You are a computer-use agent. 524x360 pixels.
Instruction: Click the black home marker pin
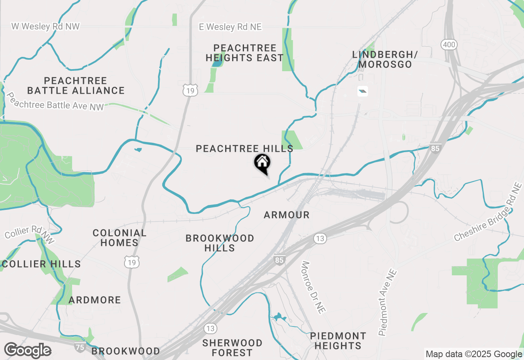tap(262, 163)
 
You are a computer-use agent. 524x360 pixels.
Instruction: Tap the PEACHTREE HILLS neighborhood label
tap(244, 148)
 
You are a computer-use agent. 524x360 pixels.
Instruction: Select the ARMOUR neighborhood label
tap(287, 215)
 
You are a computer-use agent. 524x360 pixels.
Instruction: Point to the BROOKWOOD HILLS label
tap(220, 243)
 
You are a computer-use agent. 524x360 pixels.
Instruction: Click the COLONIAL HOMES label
tap(119, 238)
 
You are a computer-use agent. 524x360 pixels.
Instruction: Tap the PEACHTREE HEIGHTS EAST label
tap(245, 53)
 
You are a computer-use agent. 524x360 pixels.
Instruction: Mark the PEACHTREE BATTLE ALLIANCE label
tap(76, 85)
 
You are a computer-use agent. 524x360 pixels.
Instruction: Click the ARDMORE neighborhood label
tap(95, 300)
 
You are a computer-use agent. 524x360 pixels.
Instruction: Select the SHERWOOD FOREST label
tap(232, 347)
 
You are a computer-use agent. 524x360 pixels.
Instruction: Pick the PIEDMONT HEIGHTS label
tap(338, 341)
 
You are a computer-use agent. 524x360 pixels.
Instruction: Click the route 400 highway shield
tap(449, 45)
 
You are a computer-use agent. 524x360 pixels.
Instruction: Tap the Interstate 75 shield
tap(80, 348)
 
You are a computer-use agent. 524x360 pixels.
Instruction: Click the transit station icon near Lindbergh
tap(362, 91)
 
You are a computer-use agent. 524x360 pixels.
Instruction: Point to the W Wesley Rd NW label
tap(45, 27)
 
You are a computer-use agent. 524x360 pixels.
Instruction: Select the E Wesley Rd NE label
tap(230, 27)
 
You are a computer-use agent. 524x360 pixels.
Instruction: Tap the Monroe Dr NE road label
tap(313, 287)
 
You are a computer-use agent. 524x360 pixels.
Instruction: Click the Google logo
tap(27, 351)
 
